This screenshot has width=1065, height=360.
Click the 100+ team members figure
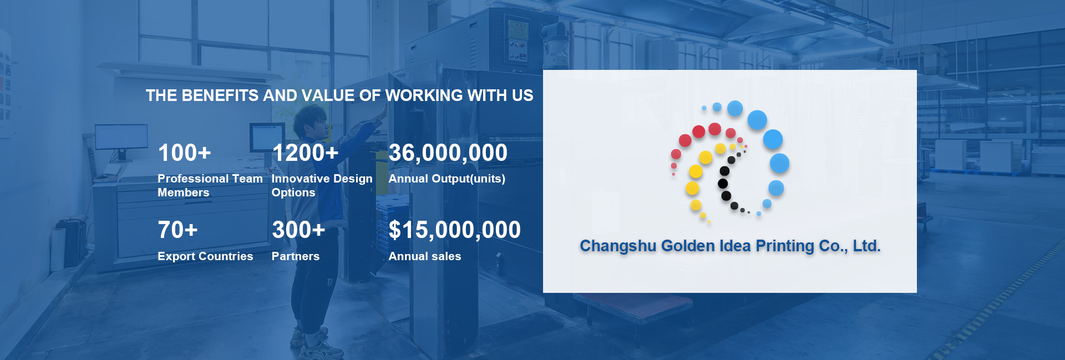(184, 153)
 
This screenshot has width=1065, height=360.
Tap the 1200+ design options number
(305, 153)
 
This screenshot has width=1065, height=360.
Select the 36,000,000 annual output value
(448, 153)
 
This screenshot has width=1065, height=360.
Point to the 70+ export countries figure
(177, 230)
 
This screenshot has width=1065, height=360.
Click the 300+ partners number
(298, 230)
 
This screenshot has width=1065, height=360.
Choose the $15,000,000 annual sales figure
(455, 230)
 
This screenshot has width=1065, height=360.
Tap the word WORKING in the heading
(424, 95)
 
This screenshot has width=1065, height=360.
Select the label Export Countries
(205, 256)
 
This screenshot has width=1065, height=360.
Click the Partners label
(296, 256)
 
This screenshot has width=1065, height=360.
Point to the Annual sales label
(425, 256)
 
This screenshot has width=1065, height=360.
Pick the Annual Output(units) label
(447, 179)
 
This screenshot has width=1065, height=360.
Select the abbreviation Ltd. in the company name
(867, 246)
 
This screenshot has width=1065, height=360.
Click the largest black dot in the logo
(723, 184)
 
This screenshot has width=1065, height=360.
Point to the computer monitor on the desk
(121, 138)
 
